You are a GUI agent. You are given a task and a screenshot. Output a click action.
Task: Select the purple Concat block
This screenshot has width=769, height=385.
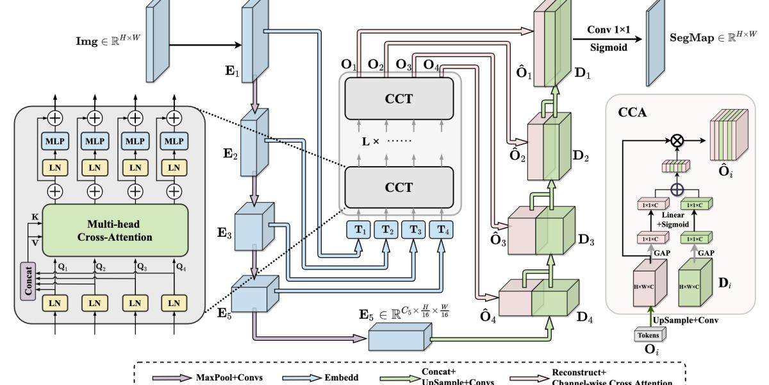tap(27, 280)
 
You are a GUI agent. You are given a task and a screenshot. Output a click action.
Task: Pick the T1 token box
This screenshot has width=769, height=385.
tap(358, 230)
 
